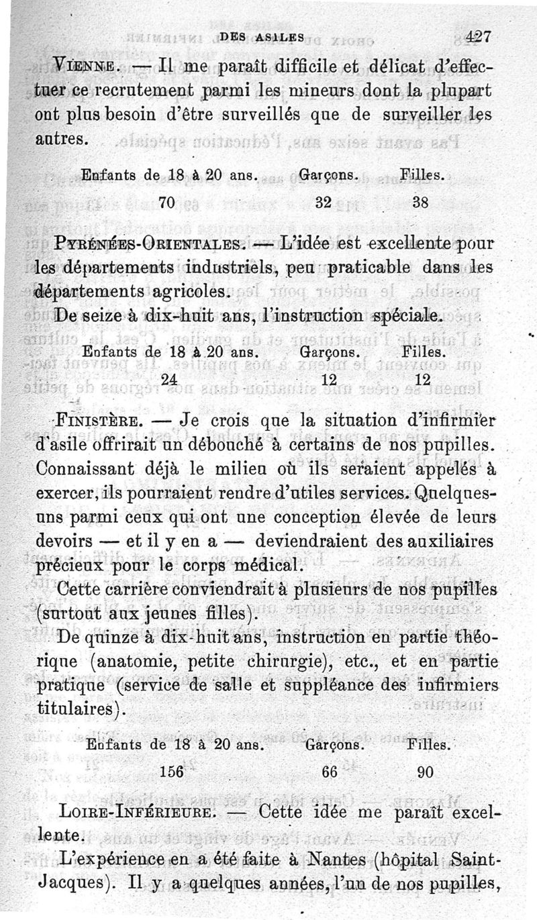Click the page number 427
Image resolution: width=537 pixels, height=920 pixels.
pos(479,38)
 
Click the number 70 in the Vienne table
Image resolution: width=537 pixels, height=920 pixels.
pos(168,201)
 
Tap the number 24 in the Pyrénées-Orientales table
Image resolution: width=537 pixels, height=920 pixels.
pos(169,378)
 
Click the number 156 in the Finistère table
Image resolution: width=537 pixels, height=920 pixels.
pos(173,772)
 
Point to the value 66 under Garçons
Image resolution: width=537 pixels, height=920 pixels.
pos(329,772)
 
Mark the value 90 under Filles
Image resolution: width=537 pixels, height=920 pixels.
pos(425,772)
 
